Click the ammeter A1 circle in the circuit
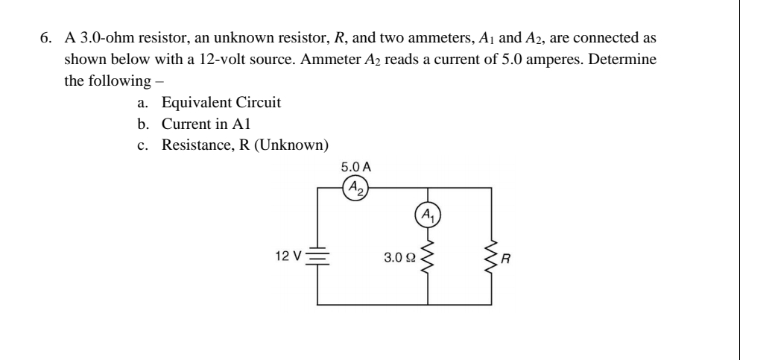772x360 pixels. point(427,216)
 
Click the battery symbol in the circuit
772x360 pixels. point(319,257)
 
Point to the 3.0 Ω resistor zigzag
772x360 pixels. point(427,257)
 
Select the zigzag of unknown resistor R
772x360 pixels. point(491,257)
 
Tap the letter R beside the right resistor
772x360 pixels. point(508,260)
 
